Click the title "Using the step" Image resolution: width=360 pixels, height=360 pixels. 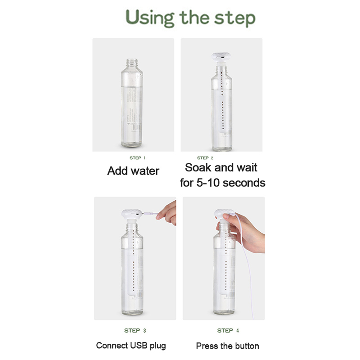(x=190, y=18)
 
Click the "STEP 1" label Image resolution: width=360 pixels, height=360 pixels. (x=137, y=158)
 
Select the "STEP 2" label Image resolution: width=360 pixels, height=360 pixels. (x=205, y=158)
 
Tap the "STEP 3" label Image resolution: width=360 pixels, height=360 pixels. (x=135, y=330)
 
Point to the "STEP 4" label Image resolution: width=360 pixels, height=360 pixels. (x=228, y=330)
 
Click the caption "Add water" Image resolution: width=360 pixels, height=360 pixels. (x=133, y=171)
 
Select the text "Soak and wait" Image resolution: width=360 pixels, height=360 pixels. (x=221, y=167)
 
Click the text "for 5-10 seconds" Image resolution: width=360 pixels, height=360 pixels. (x=222, y=183)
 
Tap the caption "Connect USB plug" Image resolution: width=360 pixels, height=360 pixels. (x=131, y=346)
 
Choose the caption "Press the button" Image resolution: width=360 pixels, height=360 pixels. (x=228, y=346)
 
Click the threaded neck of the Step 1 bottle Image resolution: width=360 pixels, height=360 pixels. (x=132, y=63)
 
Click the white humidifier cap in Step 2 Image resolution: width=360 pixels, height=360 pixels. (x=221, y=57)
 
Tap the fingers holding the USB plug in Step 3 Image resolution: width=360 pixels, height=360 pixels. (x=167, y=213)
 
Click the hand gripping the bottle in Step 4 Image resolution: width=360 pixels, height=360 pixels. (x=243, y=232)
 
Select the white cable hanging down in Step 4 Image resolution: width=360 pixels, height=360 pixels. (x=246, y=266)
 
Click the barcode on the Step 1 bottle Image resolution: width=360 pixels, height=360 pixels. (x=137, y=127)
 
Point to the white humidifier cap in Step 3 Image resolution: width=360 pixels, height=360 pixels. (x=131, y=214)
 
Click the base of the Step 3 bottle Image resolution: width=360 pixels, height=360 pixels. (x=132, y=311)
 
